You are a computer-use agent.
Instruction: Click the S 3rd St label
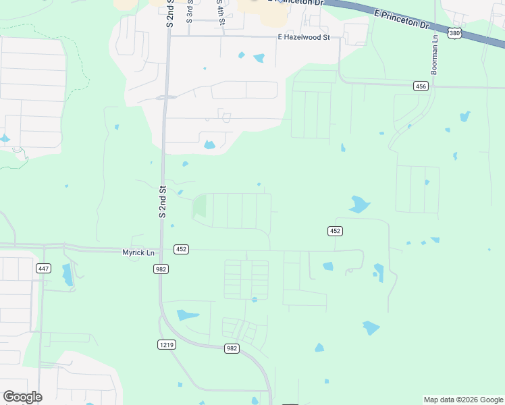pyautogui.click(x=190, y=12)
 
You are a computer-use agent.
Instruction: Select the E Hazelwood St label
pyautogui.click(x=303, y=38)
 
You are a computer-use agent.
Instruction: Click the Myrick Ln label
pyautogui.click(x=138, y=252)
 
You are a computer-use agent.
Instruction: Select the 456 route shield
pyautogui.click(x=421, y=86)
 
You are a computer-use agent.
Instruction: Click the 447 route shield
pyautogui.click(x=44, y=269)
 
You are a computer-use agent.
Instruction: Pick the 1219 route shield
pyautogui.click(x=167, y=344)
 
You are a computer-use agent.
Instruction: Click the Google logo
pyautogui.click(x=22, y=397)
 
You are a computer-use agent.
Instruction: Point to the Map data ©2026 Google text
pyautogui.click(x=463, y=400)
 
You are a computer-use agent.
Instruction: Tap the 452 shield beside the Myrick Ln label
pyautogui.click(x=180, y=249)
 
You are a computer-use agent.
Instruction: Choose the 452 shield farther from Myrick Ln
pyautogui.click(x=336, y=231)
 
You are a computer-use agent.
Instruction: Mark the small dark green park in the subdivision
pyautogui.click(x=199, y=207)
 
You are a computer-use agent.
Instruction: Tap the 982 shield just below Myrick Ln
pyautogui.click(x=161, y=269)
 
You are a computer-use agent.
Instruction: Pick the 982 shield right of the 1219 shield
pyautogui.click(x=232, y=348)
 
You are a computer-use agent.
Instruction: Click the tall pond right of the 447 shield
pyautogui.click(x=67, y=275)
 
